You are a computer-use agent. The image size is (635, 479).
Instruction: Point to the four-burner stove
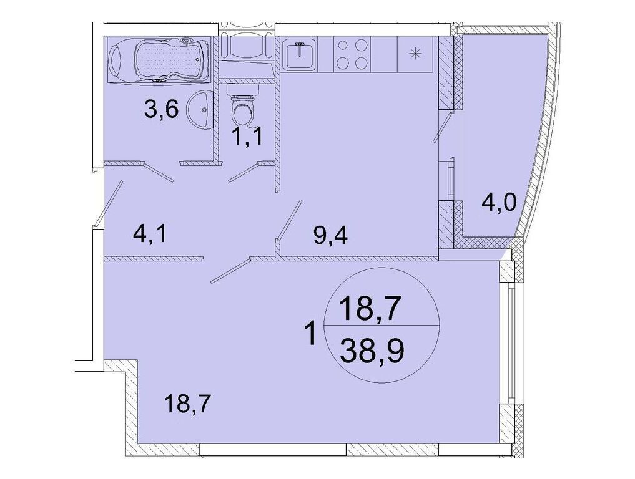(x=352, y=55)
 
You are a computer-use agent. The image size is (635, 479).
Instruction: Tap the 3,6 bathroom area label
(x=161, y=109)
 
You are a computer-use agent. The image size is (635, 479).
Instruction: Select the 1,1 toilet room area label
(x=247, y=137)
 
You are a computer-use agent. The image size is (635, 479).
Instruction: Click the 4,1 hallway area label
(x=150, y=235)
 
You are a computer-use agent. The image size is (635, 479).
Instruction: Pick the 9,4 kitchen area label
(x=330, y=235)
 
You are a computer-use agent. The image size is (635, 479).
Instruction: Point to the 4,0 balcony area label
(x=499, y=203)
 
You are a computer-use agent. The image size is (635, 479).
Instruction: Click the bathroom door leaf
(x=159, y=172)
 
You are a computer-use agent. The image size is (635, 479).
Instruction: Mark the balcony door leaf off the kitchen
(x=442, y=127)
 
